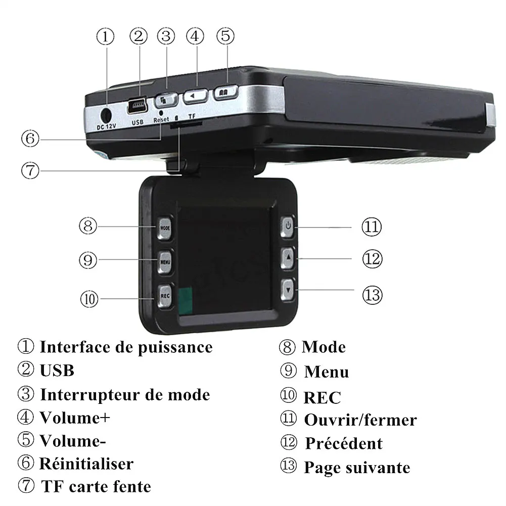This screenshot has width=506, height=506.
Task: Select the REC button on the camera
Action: [165, 296]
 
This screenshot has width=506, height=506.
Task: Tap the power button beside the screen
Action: [288, 226]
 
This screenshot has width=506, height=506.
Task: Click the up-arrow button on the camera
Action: [288, 258]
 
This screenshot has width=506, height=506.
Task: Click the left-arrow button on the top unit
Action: [195, 96]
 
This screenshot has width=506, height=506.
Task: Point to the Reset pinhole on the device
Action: [161, 113]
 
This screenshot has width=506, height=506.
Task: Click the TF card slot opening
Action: [186, 124]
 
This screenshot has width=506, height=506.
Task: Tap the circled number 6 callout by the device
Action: [30, 139]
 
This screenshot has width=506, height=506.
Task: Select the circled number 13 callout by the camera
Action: [372, 295]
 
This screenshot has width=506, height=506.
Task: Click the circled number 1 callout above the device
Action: [106, 36]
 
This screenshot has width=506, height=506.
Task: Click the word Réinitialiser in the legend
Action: [86, 464]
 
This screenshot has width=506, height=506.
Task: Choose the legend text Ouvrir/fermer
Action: [360, 420]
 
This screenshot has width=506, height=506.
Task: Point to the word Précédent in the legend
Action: [344, 443]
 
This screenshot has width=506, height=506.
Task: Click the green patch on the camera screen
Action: [185, 300]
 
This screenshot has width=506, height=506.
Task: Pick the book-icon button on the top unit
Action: [225, 93]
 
